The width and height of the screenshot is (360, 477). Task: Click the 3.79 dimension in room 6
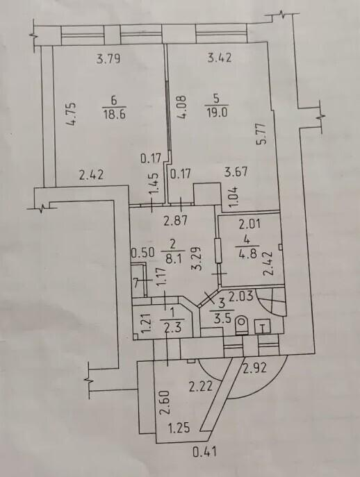coord(108,58)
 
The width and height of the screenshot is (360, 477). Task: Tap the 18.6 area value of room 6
coord(115,115)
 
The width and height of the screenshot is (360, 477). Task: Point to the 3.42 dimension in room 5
coord(220,58)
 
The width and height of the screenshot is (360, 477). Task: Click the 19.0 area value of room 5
coord(217,112)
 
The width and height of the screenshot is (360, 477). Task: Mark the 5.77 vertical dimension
coord(261,133)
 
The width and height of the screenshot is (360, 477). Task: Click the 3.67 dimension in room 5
coord(236,172)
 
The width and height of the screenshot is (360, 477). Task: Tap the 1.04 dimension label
coord(236,197)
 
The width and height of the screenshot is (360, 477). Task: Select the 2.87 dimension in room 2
coord(175,221)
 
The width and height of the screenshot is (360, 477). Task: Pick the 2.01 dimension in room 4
coord(249,225)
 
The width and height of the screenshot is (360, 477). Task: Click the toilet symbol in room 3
coord(242,326)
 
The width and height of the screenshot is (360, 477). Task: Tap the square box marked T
coord(263,327)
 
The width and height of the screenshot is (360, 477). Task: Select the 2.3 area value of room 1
coord(172,328)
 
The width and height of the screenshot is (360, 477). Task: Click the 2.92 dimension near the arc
coord(254,368)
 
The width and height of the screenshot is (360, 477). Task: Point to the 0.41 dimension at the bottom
coord(205,451)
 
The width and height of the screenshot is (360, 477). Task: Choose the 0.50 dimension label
coord(142,253)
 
